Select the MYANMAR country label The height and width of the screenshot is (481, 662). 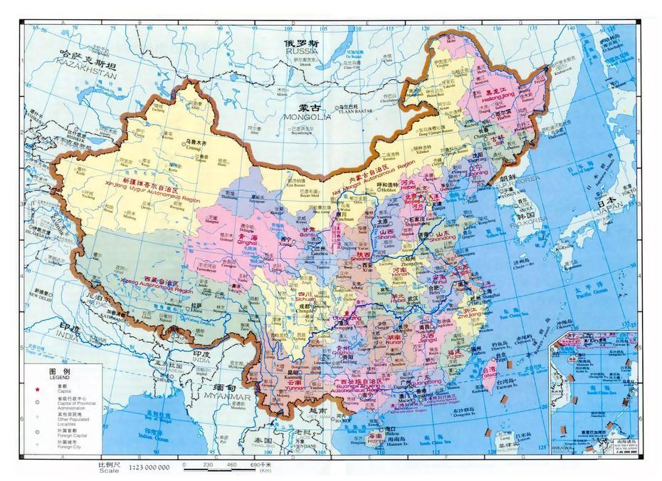click(x=226, y=396)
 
